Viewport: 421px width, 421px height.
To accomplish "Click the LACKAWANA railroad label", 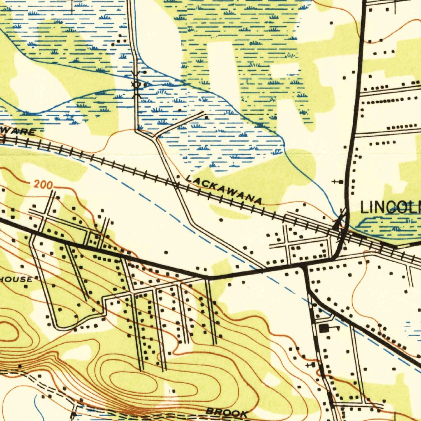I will tap(224, 190).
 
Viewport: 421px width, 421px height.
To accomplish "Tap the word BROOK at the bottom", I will tap(227, 412).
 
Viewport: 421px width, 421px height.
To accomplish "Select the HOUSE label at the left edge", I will tap(16, 280).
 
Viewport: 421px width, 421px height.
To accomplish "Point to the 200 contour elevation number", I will tap(43, 185).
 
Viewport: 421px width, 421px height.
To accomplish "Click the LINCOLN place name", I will tap(391, 208).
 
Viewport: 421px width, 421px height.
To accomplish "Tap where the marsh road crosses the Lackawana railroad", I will tap(176, 186).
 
